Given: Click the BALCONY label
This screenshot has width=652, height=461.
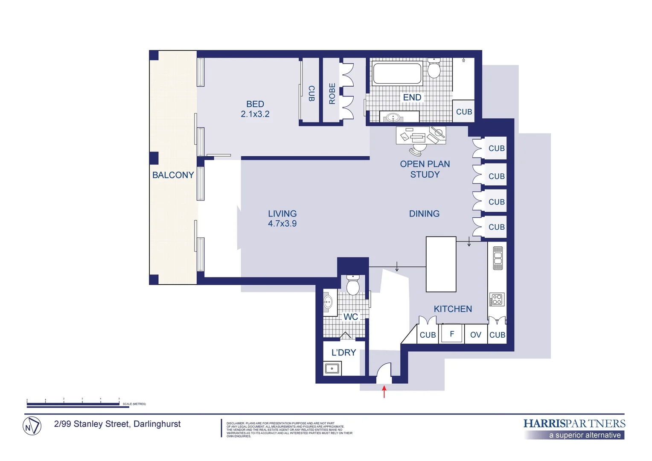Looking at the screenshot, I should (173, 175).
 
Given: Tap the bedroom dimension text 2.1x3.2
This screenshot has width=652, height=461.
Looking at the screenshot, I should (255, 114).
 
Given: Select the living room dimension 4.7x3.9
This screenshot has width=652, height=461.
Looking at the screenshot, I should (282, 224).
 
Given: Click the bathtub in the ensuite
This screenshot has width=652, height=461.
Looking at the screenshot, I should (397, 73).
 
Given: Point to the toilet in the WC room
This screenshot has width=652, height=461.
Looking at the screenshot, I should (353, 285).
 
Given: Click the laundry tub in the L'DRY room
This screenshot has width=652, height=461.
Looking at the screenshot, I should (332, 368).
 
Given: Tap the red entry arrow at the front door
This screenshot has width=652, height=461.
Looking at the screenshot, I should (384, 391).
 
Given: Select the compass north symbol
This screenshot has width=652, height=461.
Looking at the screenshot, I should (32, 426).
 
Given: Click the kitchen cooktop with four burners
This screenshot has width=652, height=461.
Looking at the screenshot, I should (497, 300).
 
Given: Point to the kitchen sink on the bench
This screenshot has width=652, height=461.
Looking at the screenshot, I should (498, 258).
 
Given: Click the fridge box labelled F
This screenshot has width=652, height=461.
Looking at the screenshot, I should (451, 334).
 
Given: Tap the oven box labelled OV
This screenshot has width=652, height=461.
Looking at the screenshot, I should (475, 335).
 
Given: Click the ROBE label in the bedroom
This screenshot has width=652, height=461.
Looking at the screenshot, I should (332, 93).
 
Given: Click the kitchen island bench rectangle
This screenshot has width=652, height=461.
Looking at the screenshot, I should (441, 264).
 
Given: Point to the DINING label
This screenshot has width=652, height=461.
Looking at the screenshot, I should (424, 214).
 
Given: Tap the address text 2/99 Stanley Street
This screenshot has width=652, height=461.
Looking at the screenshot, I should (117, 424).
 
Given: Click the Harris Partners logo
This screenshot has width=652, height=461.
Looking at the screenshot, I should (574, 428).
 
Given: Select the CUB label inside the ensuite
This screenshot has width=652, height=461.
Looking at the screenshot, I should (464, 112).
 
